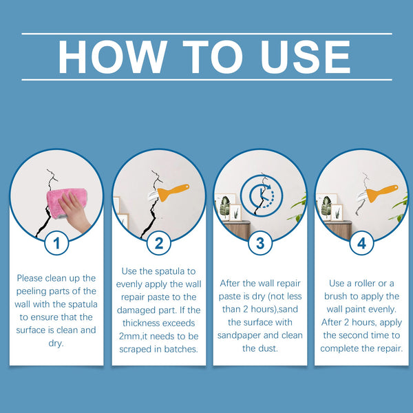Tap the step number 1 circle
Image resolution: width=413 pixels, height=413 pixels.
point(56,243)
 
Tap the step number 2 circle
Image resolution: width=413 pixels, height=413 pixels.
point(158,243)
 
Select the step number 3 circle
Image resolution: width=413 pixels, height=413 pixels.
point(260,243)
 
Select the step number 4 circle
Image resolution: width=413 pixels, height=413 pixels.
point(361,243)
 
